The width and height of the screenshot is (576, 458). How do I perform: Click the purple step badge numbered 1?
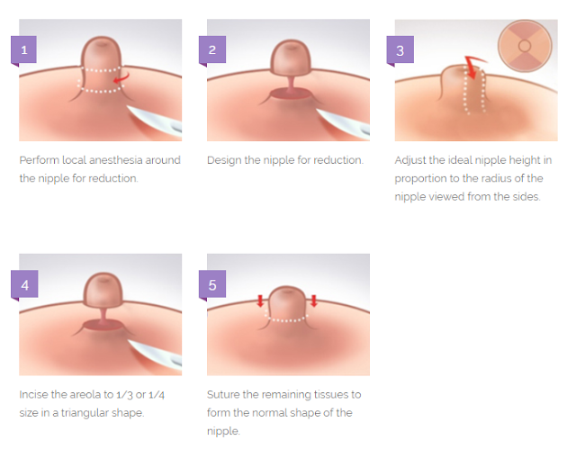pos(23,50)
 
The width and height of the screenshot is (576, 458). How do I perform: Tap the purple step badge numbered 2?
pos(211,50)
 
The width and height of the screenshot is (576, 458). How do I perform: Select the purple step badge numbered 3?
pos(400,50)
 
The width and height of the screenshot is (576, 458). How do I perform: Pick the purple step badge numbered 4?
pos(24,284)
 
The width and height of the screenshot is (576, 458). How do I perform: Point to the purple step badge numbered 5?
pos(212,284)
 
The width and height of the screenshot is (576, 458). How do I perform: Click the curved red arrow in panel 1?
pos(122,78)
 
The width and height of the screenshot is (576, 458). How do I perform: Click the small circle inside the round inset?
pos(524,46)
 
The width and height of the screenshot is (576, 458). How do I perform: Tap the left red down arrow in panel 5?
pos(260,301)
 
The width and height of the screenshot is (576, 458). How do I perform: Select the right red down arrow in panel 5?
pos(314,301)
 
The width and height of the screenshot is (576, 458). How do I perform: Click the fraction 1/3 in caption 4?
pos(124,395)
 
